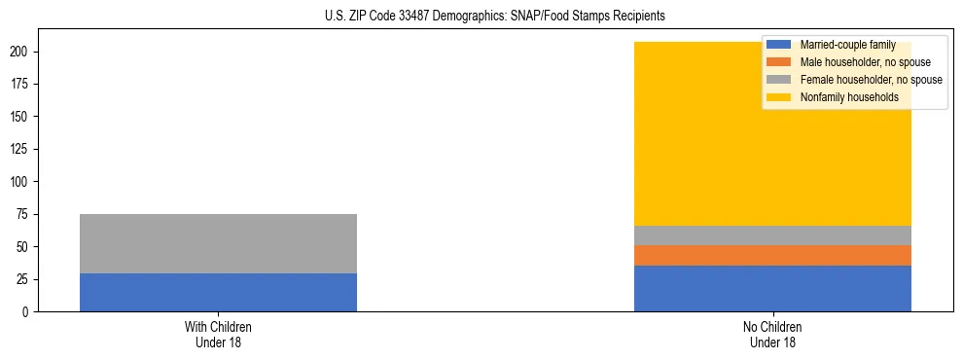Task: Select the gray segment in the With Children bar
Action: click(218, 243)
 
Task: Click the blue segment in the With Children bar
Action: click(218, 292)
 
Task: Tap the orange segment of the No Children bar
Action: click(772, 255)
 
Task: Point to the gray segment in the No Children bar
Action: click(772, 235)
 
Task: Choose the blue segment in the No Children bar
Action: click(772, 288)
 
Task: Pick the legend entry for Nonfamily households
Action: click(842, 97)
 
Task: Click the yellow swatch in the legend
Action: click(779, 97)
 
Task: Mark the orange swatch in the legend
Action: click(779, 62)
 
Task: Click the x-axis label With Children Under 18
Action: click(218, 334)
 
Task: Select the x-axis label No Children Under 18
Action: click(772, 334)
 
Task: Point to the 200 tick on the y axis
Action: click(24, 52)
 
